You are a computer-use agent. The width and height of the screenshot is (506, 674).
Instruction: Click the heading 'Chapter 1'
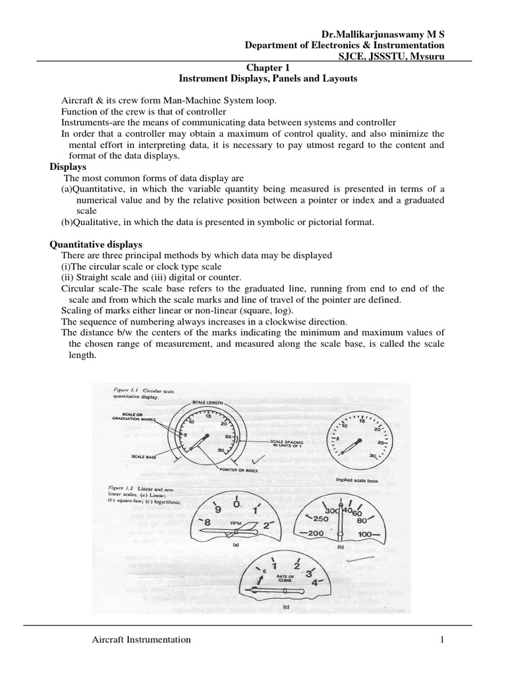coord(267,67)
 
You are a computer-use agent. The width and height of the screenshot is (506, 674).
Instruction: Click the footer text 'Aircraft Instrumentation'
coord(141,639)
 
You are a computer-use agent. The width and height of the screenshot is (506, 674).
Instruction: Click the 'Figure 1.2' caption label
coord(120,488)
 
